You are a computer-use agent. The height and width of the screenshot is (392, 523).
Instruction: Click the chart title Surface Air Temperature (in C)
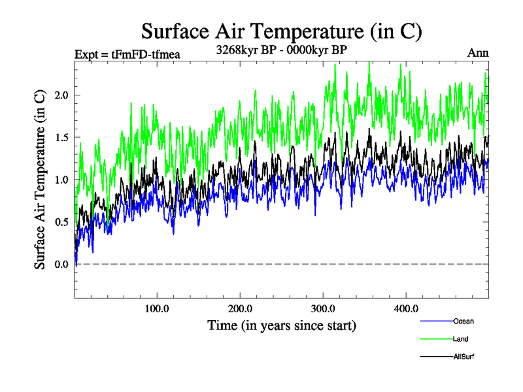[x=281, y=30]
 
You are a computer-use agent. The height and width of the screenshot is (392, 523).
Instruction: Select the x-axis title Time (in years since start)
[x=282, y=325]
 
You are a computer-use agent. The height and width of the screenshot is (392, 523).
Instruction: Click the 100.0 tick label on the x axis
[x=157, y=308]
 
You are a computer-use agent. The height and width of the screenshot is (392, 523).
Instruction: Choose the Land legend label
[x=461, y=339]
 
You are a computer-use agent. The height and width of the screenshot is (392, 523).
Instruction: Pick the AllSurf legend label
[x=464, y=357]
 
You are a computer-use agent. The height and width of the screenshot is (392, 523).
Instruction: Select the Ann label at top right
[x=478, y=53]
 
